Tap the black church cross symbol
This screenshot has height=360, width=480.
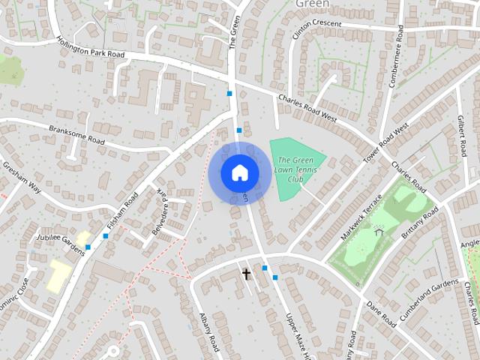(246, 274)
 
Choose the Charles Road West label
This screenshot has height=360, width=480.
(307, 108)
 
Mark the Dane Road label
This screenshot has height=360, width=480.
(381, 312)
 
